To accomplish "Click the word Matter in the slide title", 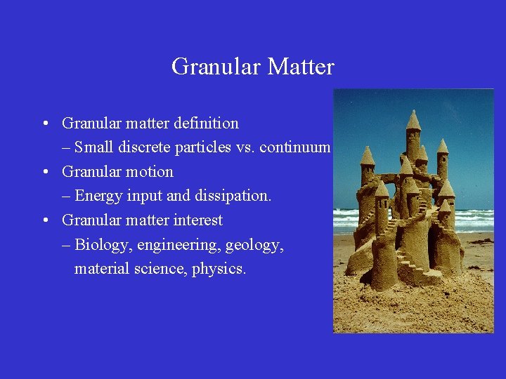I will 301,67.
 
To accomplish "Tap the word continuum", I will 297,147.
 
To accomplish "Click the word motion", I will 149,172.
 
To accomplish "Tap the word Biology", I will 103,245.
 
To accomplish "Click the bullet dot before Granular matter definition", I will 44,124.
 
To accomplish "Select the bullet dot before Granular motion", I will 44,173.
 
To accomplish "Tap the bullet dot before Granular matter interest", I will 44,221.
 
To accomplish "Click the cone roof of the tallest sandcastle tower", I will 413,121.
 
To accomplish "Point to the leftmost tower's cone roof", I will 367,155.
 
